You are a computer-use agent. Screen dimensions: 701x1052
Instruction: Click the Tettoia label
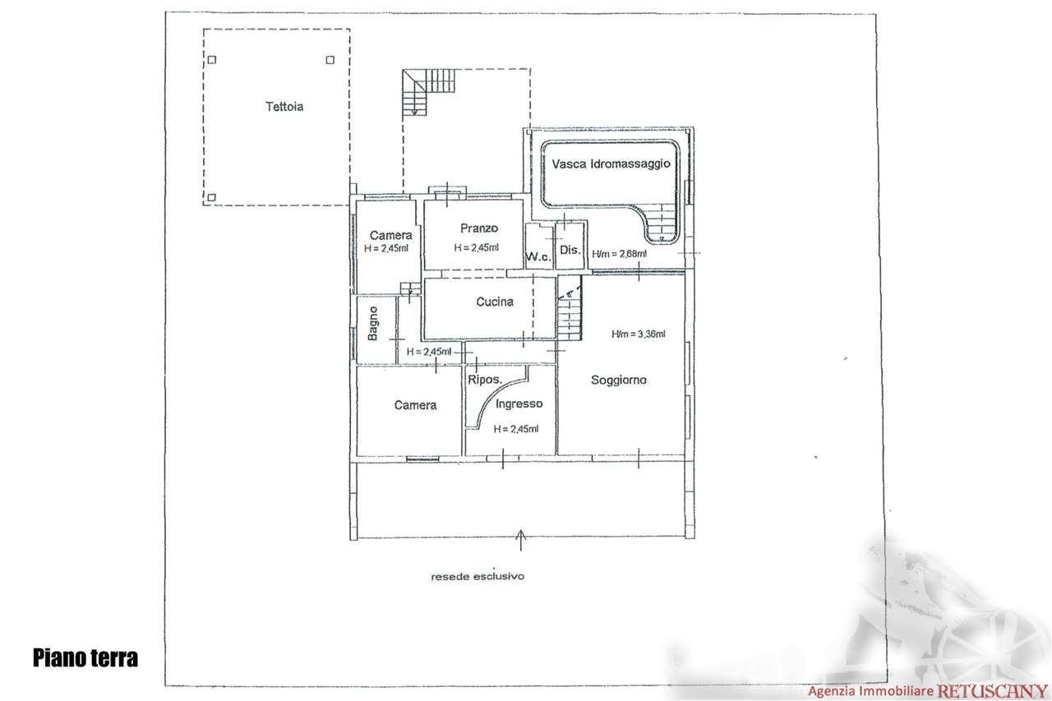(284, 106)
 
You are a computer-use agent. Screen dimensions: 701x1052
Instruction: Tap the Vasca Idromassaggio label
(611, 164)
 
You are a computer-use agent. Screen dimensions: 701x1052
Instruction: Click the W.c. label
(538, 257)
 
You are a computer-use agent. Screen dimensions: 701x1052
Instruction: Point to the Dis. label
(570, 250)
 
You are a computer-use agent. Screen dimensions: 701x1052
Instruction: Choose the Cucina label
(495, 302)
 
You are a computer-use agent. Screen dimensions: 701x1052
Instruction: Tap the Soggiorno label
(619, 380)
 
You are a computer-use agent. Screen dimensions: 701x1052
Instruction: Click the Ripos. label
(486, 380)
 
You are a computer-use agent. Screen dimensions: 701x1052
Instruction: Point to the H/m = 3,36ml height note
(638, 334)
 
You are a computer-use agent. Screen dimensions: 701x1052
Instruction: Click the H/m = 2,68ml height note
(619, 253)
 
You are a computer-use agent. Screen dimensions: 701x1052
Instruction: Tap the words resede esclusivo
(478, 576)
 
